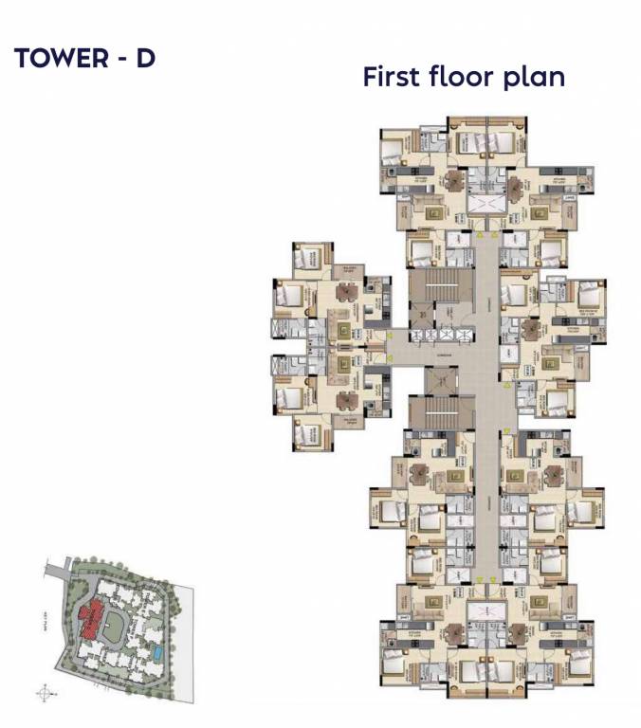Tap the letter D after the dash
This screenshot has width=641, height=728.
click(x=145, y=59)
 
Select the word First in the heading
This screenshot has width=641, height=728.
click(x=394, y=77)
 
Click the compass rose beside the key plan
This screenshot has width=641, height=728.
click(x=43, y=694)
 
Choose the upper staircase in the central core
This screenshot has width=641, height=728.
click(x=439, y=284)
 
